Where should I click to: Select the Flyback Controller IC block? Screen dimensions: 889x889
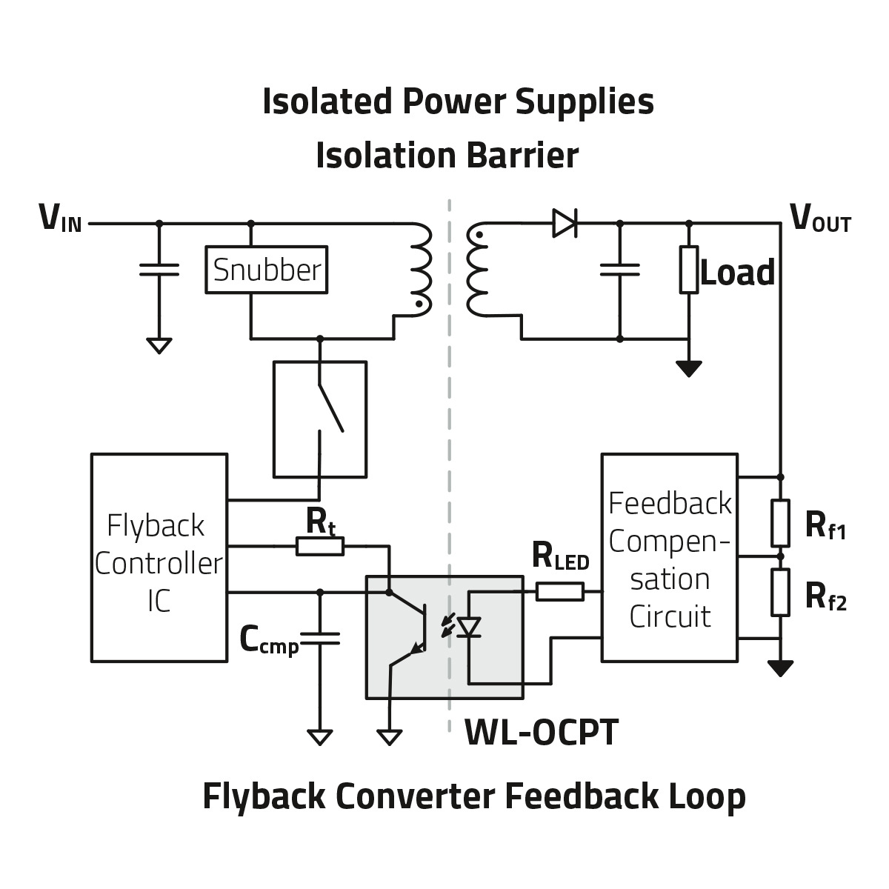click(x=159, y=557)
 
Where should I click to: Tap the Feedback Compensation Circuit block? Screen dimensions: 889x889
click(x=669, y=557)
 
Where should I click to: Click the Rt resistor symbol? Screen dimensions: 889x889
click(x=320, y=547)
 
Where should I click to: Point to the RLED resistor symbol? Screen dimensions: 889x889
click(x=559, y=591)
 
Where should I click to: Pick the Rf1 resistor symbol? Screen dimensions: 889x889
click(x=779, y=523)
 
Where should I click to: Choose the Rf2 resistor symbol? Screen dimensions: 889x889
click(x=779, y=592)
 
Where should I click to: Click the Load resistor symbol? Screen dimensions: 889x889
click(x=689, y=270)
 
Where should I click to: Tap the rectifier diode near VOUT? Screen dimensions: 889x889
click(x=565, y=223)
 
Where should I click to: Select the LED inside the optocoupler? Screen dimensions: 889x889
click(x=469, y=627)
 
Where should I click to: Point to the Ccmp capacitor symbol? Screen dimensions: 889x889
click(x=320, y=639)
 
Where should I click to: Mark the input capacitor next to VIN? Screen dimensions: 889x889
click(x=159, y=269)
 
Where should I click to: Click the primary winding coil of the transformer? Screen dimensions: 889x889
click(x=420, y=270)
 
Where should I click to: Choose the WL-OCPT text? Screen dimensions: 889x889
click(x=541, y=733)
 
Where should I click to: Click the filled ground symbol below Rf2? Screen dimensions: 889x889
click(x=779, y=668)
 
